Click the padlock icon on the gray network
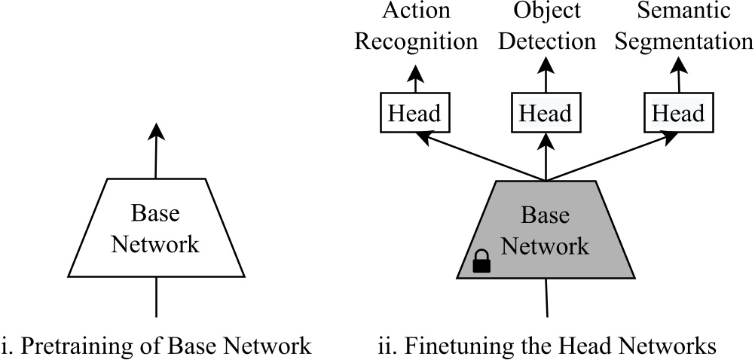[481, 261]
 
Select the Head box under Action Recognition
[414, 114]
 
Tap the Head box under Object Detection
[545, 114]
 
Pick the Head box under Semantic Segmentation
[677, 114]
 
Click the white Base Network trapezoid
[155, 228]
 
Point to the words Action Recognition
[416, 26]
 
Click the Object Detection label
[546, 26]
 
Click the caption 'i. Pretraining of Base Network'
[156, 346]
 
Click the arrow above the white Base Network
[155, 151]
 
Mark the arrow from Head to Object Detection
[546, 75]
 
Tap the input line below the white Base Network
[156, 297]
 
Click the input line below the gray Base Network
[546, 297]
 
